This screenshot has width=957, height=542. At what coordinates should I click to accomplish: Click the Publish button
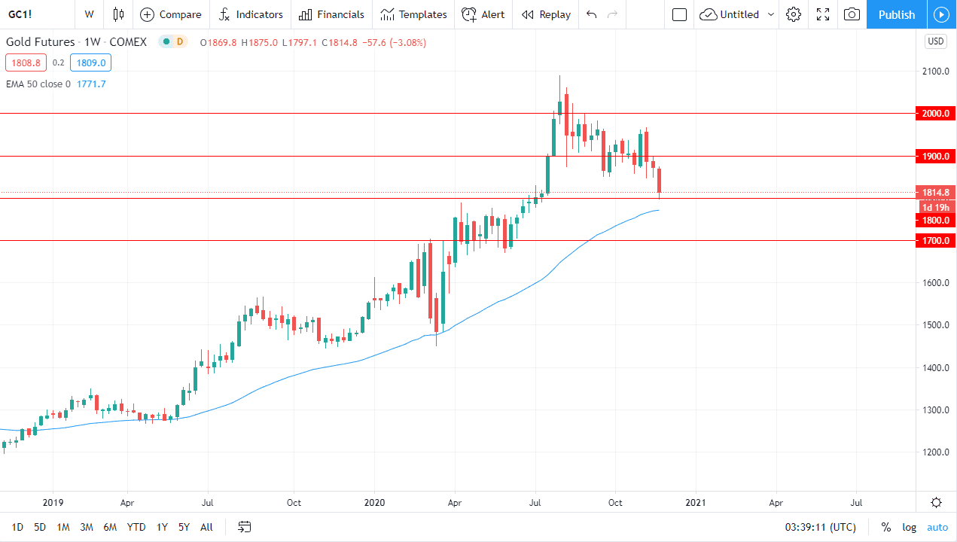point(896,14)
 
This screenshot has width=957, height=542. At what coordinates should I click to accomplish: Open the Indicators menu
point(251,14)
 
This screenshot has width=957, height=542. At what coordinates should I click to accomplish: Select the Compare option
point(171,14)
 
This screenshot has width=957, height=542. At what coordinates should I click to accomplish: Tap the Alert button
point(483,14)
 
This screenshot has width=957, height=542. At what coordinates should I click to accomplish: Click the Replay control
point(546,14)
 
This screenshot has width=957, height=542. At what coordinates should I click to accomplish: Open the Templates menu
point(413,14)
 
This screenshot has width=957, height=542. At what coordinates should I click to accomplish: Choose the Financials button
point(331,14)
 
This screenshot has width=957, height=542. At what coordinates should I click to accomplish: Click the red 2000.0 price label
point(935,114)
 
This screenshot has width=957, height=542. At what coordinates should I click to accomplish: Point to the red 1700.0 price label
point(935,241)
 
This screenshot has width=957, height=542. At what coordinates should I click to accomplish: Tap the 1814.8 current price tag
point(935,192)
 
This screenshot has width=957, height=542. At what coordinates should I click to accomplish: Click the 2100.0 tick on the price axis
point(935,72)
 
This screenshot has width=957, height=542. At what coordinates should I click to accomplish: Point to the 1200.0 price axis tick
point(935,452)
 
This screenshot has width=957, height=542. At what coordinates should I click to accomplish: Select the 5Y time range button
point(184,527)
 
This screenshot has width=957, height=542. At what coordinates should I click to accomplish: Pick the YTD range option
point(136,527)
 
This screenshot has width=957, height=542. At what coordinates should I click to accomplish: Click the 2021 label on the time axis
point(695,502)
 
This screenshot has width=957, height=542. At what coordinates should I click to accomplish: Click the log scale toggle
point(909,527)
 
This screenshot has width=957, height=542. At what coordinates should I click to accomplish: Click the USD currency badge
point(935,41)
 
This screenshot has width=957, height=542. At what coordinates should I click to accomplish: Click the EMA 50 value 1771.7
point(91,84)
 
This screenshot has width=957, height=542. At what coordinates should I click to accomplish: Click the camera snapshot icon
point(852,14)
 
